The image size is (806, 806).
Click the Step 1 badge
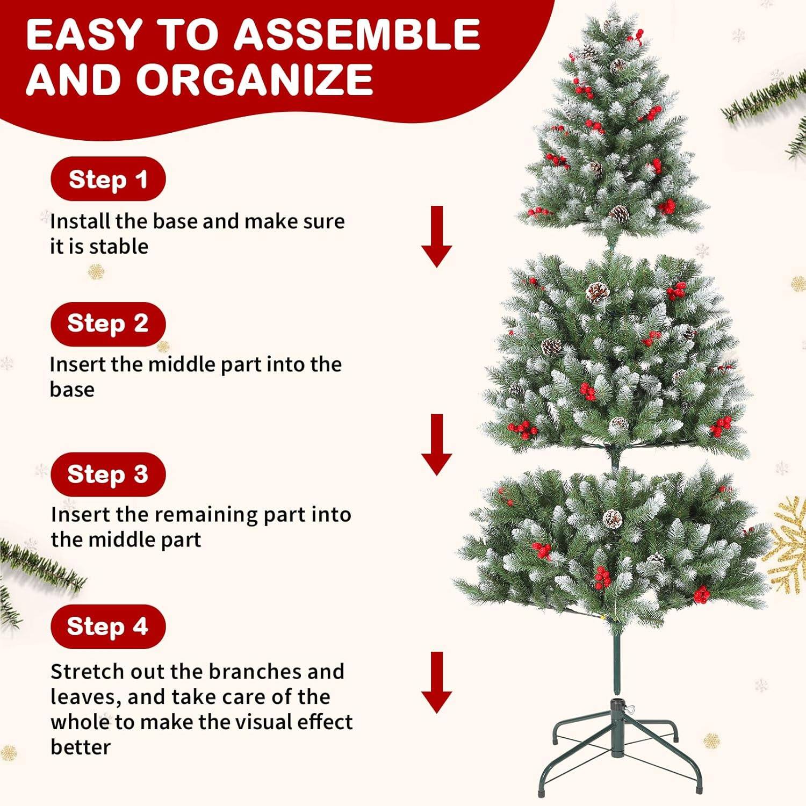click(x=108, y=179)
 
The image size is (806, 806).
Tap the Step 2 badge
click(x=108, y=323)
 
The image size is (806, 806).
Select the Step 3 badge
click(x=108, y=474)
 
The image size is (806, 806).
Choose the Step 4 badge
click(x=108, y=626)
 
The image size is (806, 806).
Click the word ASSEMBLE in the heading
click(x=357, y=35)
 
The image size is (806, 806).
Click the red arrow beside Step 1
click(x=436, y=236)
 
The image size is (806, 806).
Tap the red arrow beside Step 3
click(x=436, y=444)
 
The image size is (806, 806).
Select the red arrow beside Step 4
click(x=436, y=682)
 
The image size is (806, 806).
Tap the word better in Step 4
click(x=81, y=747)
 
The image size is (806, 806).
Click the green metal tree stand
click(x=620, y=747)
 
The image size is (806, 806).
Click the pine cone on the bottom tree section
click(x=613, y=519)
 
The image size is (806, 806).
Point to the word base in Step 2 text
click(x=72, y=390)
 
